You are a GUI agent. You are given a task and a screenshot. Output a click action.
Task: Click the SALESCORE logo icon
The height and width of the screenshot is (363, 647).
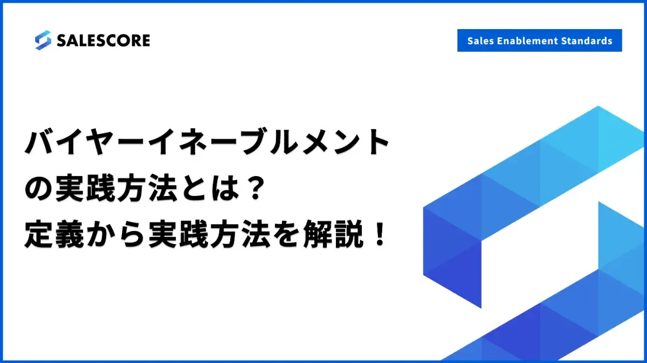(x=43, y=40)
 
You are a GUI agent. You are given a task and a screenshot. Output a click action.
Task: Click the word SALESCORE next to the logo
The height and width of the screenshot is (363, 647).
(x=104, y=40)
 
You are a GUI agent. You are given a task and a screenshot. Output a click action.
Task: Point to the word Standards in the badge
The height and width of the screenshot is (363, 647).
(x=587, y=41)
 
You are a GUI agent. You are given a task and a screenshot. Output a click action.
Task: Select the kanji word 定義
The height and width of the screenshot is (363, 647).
(x=54, y=234)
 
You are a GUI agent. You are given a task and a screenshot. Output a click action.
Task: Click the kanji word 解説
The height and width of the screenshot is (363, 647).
(x=333, y=234)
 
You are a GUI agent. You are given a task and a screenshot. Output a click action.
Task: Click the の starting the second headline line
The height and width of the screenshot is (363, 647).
(x=38, y=189)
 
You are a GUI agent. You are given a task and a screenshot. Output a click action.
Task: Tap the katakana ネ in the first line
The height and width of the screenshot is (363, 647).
(x=193, y=142)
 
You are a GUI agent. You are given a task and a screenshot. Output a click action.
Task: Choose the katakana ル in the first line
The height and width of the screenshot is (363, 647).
(x=286, y=142)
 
